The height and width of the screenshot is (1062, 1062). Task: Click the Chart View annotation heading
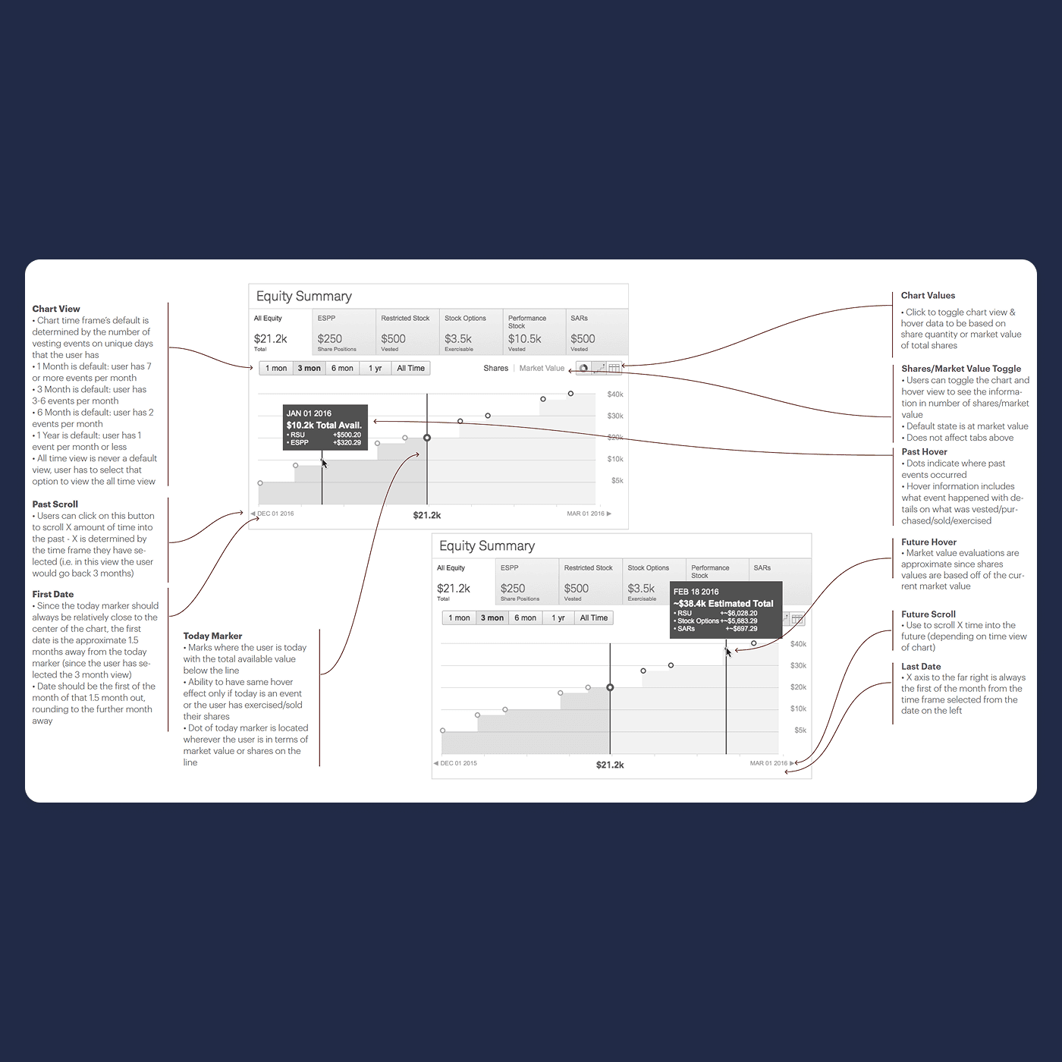[56, 309]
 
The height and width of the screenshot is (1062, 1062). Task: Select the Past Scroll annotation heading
[55, 504]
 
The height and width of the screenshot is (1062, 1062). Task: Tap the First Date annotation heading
[53, 594]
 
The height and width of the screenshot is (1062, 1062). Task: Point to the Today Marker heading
[212, 636]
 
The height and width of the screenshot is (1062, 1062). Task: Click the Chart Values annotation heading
[928, 295]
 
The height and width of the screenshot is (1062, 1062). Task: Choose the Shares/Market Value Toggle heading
[961, 369]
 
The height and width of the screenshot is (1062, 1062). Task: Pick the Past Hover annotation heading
[924, 451]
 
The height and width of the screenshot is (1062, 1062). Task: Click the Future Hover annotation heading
[928, 542]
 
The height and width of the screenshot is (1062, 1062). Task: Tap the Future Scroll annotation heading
[928, 614]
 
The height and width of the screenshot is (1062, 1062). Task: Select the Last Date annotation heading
[921, 666]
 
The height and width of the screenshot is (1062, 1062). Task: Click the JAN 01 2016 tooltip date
[309, 413]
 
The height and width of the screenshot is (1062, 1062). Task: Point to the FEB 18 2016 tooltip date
[696, 592]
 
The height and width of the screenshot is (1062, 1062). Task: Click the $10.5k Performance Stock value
[524, 339]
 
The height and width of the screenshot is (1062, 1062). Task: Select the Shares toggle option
[495, 368]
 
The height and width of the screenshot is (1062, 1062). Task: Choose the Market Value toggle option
[542, 368]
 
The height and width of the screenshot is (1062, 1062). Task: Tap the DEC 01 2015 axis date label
[459, 763]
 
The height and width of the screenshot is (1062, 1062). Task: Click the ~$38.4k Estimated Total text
[724, 604]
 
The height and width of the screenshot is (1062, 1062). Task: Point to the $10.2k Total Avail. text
[324, 426]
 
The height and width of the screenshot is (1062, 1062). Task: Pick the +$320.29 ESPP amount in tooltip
[347, 442]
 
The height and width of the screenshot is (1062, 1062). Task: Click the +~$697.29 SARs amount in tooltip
[741, 629]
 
